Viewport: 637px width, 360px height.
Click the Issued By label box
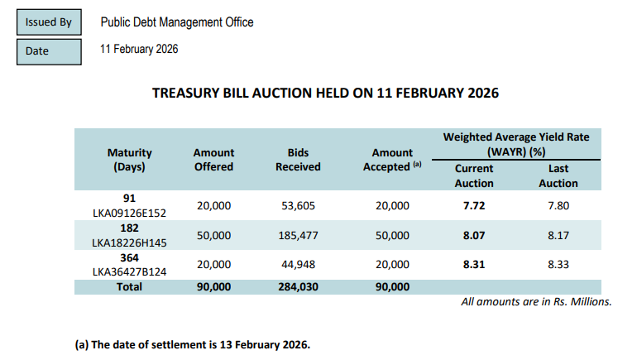[48, 22]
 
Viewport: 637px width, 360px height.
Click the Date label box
[48, 51]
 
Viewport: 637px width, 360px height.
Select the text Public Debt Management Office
[176, 22]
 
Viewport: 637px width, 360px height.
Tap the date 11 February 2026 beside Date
[138, 50]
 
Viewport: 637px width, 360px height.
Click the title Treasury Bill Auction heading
[325, 93]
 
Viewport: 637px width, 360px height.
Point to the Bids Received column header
[298, 160]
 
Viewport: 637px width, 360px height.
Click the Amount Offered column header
[213, 160]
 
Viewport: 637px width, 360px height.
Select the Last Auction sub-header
[558, 175]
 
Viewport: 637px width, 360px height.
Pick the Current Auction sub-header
[474, 175]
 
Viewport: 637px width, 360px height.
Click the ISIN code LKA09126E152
[129, 213]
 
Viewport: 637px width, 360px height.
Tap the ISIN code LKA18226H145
[129, 242]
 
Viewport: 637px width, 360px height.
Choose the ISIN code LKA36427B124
[129, 271]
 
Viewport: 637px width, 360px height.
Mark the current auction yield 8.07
[474, 236]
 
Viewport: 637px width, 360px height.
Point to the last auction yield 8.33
[558, 264]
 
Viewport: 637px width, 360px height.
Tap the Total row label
[129, 286]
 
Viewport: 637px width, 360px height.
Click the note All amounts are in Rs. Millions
[536, 302]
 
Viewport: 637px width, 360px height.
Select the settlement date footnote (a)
[193, 344]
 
